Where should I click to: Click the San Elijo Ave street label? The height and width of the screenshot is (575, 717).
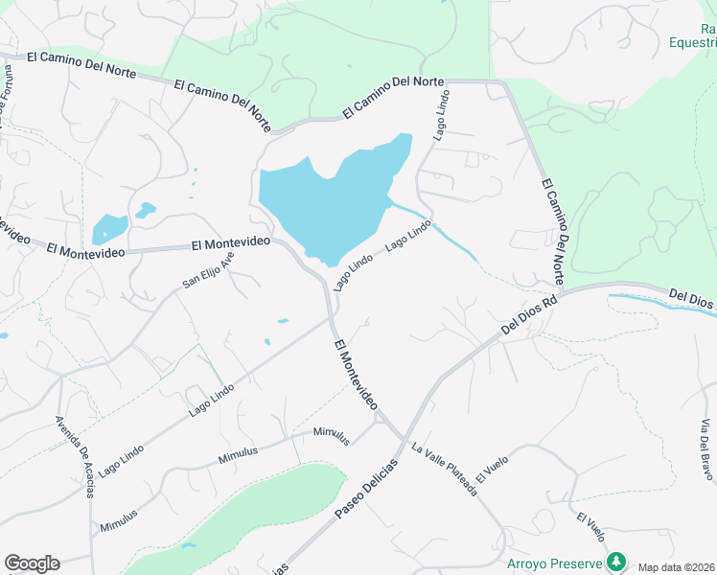pyautogui.click(x=209, y=271)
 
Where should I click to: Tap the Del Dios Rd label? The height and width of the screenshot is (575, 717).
pyautogui.click(x=529, y=315)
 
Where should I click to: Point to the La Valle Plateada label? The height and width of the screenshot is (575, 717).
pyautogui.click(x=444, y=470)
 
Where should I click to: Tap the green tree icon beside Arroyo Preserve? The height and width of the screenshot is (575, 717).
pyautogui.click(x=618, y=561)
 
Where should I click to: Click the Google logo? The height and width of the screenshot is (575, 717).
pyautogui.click(x=32, y=563)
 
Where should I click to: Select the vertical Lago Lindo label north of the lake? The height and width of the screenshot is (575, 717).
pyautogui.click(x=441, y=118)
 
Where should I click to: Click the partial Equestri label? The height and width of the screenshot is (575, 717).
pyautogui.click(x=693, y=42)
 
